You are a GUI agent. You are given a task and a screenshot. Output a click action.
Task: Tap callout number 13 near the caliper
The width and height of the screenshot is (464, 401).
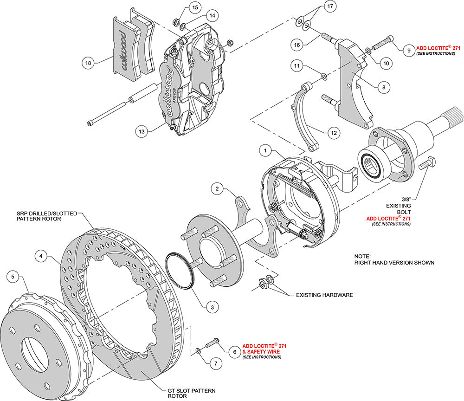pyautogui.click(x=142, y=132)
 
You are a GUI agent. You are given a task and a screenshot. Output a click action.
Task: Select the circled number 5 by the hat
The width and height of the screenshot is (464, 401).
pyautogui.click(x=13, y=277)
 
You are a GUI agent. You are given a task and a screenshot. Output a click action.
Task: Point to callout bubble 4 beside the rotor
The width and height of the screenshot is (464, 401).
pyautogui.click(x=41, y=255)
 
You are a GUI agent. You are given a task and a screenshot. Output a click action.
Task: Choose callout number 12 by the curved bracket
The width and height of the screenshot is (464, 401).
pyautogui.click(x=333, y=133)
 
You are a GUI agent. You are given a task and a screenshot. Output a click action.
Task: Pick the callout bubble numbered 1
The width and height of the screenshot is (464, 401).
pyautogui.click(x=265, y=150)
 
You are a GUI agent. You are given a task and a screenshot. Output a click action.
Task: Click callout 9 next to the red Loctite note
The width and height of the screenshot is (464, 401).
pyautogui.click(x=408, y=50)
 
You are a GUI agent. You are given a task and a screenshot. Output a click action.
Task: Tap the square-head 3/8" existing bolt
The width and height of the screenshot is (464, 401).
pyautogui.click(x=426, y=163)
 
